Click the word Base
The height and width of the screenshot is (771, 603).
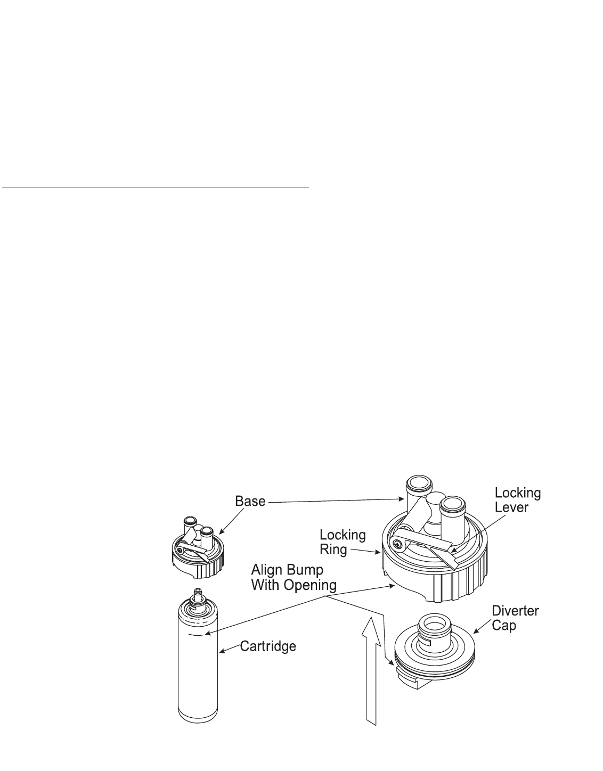tap(250, 502)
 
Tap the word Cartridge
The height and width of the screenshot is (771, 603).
tap(268, 647)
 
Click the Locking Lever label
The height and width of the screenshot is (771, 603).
tap(518, 500)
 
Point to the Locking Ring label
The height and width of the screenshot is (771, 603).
tap(343, 542)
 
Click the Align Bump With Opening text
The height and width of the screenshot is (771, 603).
tap(294, 578)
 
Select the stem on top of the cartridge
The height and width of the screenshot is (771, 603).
tap(198, 594)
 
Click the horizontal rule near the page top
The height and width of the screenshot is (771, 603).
tap(155, 187)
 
